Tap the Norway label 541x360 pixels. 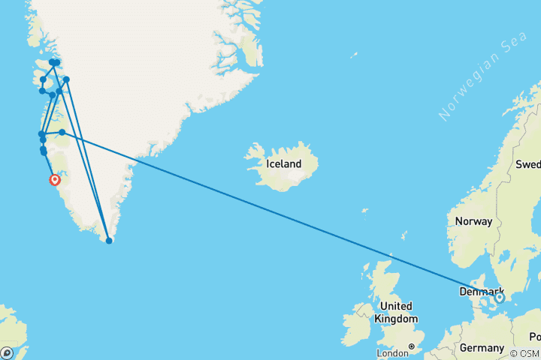[x=473, y=221]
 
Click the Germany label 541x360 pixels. [x=482, y=348]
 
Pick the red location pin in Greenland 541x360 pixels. [x=55, y=180]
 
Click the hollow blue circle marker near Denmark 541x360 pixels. [x=500, y=298]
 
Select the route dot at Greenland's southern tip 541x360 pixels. [x=110, y=241]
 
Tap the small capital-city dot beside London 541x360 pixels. [x=411, y=346]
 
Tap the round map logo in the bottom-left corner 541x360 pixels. [x=7, y=352]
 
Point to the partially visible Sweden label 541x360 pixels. [x=527, y=164]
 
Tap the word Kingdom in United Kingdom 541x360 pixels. [x=397, y=319]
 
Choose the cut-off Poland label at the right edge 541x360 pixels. [x=534, y=336]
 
